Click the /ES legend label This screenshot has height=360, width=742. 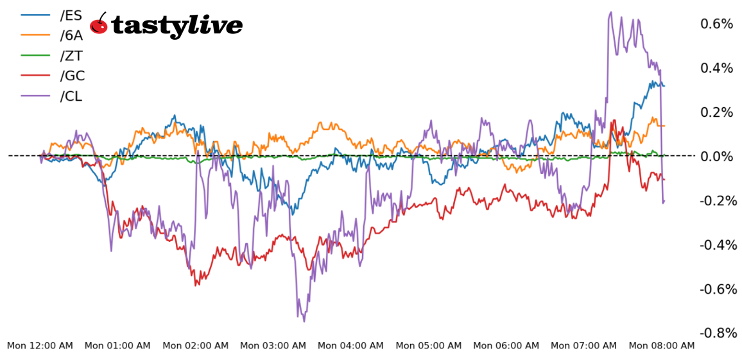pyautogui.click(x=71, y=15)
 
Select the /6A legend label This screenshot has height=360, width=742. pyautogui.click(x=71, y=36)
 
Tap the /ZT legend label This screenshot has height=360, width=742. pyautogui.click(x=71, y=56)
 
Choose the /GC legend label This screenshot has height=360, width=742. pyautogui.click(x=72, y=76)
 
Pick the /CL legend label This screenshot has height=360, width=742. pyautogui.click(x=71, y=96)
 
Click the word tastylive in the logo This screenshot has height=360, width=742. pyautogui.click(x=177, y=26)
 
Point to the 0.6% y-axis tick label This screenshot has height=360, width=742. pyautogui.click(x=716, y=24)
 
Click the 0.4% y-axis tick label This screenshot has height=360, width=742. pyautogui.click(x=716, y=68)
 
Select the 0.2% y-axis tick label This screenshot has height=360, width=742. pyautogui.click(x=716, y=112)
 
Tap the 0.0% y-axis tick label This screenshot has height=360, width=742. pyautogui.click(x=716, y=157)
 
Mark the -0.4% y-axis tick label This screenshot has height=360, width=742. pyautogui.click(x=714, y=244)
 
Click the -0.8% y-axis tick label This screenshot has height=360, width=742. pyautogui.click(x=714, y=333)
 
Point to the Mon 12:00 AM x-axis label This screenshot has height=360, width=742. pyautogui.click(x=40, y=346)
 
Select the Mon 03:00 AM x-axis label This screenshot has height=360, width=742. pyautogui.click(x=273, y=346)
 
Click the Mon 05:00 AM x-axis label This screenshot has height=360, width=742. pyautogui.click(x=428, y=346)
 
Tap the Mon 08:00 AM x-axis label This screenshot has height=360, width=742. pyautogui.click(x=661, y=346)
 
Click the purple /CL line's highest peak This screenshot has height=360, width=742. pyautogui.click(x=610, y=12)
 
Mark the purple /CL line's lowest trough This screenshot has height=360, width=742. pyautogui.click(x=304, y=321)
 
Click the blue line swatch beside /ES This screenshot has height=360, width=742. pyautogui.click(x=36, y=15)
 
